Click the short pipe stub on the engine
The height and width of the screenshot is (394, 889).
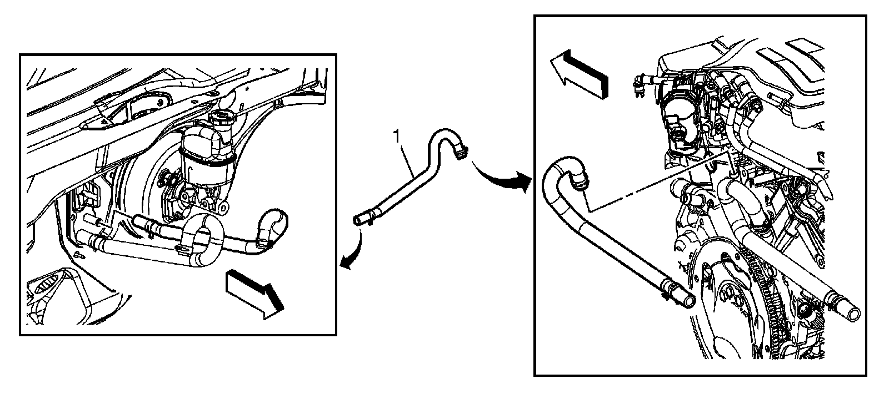coord(689,196)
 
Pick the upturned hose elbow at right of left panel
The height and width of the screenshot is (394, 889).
coord(272,228)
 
